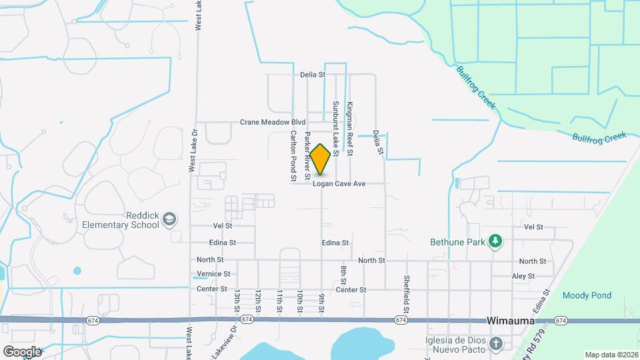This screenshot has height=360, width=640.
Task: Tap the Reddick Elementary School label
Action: [120, 220]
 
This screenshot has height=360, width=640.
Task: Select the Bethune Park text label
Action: [457, 241]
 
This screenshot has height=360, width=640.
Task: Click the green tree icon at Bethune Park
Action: [495, 241]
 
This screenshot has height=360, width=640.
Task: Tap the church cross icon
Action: [495, 343]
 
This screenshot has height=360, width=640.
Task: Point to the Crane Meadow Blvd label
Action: [273, 123]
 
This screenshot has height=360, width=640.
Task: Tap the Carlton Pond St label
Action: [293, 156]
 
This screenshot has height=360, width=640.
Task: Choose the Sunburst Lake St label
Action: [336, 129]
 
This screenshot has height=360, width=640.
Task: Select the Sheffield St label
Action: [406, 293]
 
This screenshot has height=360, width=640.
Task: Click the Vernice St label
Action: [213, 274]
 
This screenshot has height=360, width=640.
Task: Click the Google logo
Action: [22, 351]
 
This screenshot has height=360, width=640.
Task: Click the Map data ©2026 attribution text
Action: [611, 355]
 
